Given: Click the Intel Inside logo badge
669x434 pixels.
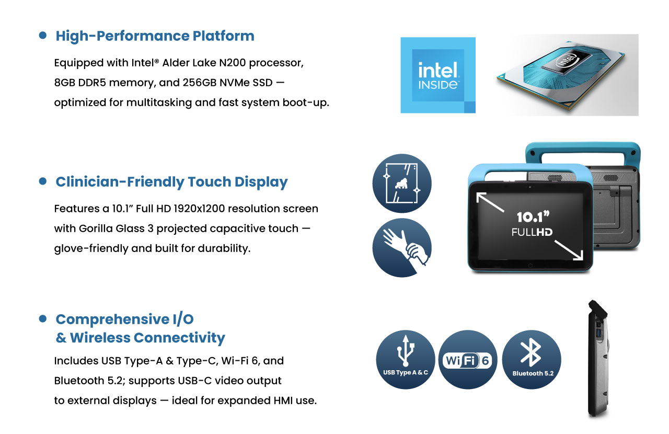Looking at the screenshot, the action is coord(438,75).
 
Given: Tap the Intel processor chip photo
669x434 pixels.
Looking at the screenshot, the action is coord(561,75).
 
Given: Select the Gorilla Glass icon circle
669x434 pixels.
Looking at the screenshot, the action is coord(402,183).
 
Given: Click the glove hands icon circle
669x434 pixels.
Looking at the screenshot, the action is coord(402,247).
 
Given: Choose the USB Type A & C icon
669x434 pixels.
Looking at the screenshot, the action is coord(405,360).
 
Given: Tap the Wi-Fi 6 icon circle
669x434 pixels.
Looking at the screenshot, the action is coord(468,360).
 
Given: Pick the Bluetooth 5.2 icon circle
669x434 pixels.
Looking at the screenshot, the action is coord(532,360).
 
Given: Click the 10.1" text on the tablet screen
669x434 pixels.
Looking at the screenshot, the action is coord(533,217).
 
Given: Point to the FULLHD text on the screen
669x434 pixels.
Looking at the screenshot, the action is coord(532,232).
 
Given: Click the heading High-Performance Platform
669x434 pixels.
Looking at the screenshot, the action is coord(155,36).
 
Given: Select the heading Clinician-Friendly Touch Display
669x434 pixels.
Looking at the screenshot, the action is coord(172,182).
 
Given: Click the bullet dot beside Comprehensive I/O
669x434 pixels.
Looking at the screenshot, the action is coord(43,319).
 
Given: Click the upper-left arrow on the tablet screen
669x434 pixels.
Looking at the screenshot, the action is coord(490,202).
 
